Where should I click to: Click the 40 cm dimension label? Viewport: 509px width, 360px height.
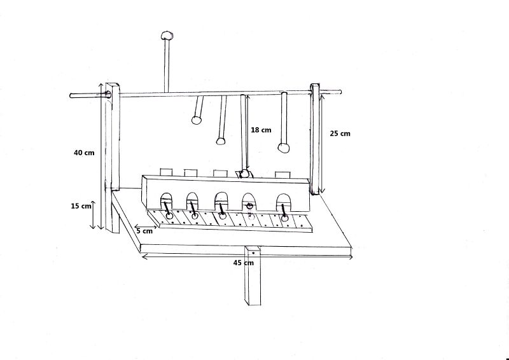coord(84,153)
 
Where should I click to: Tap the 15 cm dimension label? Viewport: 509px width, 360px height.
coord(81,206)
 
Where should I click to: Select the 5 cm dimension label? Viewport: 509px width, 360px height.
coord(144,231)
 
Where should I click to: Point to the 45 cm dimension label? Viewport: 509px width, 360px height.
coord(244,263)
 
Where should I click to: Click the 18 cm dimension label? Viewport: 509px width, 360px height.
coord(261,130)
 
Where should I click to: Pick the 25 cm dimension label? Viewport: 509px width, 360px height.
coord(340,134)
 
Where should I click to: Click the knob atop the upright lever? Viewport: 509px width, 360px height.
coord(167,35)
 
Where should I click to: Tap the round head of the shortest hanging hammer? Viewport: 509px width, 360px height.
coord(197,120)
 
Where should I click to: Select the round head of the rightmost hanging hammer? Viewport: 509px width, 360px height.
coord(283,148)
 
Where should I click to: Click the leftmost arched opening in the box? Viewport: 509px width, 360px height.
coord(166,200)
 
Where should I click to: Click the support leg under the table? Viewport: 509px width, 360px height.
coord(253,276)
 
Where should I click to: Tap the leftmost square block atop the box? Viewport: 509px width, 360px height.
coord(166,172)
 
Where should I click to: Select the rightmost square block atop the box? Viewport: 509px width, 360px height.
coord(282,175)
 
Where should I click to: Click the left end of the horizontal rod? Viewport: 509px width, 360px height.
coord(71,96)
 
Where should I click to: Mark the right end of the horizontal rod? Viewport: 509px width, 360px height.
coord(340,92)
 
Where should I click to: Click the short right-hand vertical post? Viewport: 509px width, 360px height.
coord(315,139)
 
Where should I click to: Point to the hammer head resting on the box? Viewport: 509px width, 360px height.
coord(244,174)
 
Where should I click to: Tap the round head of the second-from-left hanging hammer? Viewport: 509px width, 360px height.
coord(220,141)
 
